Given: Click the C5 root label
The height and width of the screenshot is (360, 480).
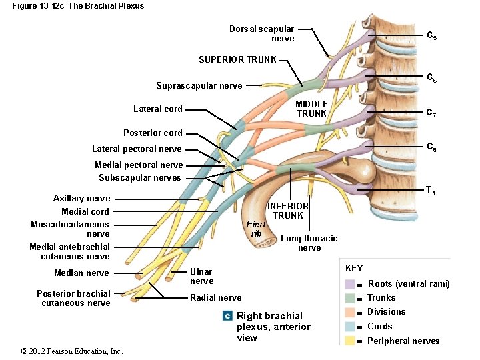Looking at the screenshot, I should click(x=431, y=35).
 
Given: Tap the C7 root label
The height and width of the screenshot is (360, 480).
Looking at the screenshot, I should click(x=431, y=113).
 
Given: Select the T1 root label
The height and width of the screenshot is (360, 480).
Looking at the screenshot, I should click(x=431, y=192).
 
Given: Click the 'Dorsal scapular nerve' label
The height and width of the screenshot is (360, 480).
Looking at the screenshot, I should click(x=261, y=33).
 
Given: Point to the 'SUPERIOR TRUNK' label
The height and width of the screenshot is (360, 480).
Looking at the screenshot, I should click(x=237, y=59).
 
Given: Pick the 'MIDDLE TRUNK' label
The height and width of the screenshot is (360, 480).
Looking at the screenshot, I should click(x=311, y=109).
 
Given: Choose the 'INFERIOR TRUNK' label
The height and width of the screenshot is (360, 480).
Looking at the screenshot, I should click(x=288, y=211).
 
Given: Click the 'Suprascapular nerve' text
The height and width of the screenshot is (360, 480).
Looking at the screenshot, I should click(x=199, y=85).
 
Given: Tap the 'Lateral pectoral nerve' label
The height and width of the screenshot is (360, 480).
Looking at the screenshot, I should click(x=137, y=149).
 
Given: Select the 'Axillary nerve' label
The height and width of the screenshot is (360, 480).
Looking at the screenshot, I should click(x=81, y=198).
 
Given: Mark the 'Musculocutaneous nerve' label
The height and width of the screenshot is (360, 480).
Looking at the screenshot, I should click(x=70, y=229).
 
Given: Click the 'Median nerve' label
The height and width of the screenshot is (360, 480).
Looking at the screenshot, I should click(x=81, y=273).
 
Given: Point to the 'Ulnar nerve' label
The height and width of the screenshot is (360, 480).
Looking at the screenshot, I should click(x=201, y=276).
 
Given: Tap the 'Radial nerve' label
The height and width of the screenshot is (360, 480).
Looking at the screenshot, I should click(x=215, y=297).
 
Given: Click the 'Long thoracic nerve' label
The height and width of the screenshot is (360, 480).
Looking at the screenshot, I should click(x=309, y=243).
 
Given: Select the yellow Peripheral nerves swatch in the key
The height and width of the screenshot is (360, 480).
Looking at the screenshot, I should click(x=350, y=341).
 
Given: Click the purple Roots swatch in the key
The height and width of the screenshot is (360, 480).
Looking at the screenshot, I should click(x=350, y=283).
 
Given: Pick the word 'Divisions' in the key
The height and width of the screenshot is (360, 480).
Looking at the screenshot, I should click(x=386, y=312).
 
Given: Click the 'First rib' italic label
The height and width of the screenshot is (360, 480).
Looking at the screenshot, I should click(x=255, y=229).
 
